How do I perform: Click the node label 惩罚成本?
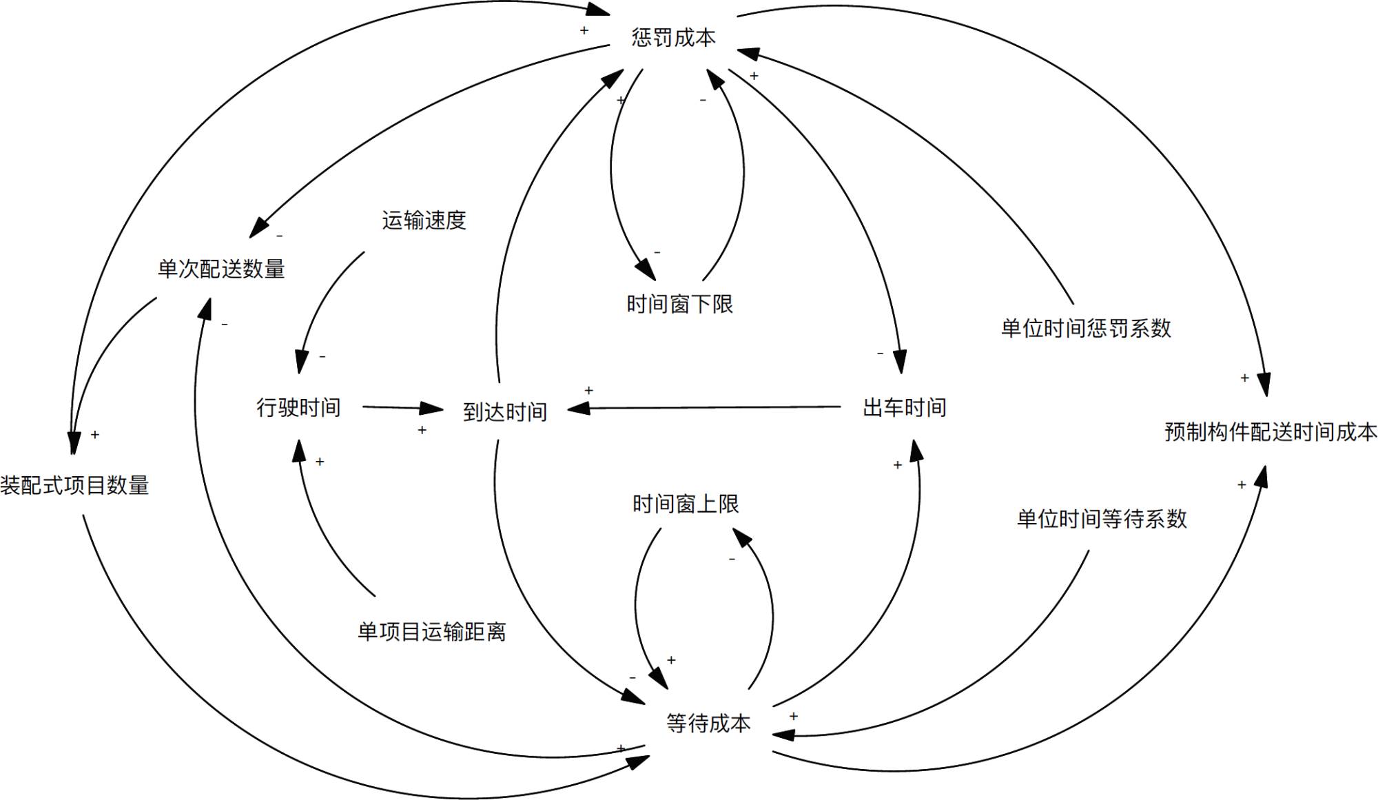click(673, 37)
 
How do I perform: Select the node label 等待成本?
click(708, 723)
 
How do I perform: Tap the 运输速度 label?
click(424, 220)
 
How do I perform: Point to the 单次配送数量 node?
click(221, 269)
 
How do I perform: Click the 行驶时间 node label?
click(298, 407)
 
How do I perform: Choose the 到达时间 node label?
click(505, 412)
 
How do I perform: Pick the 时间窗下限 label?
click(679, 304)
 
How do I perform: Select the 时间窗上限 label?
click(685, 504)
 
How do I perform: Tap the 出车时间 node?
click(904, 407)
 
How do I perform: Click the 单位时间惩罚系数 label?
click(1086, 328)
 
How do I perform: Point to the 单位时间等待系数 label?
click(1102, 519)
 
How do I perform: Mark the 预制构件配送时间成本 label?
click(1271, 432)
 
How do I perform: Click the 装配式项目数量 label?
click(74, 485)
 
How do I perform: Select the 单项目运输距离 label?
click(431, 632)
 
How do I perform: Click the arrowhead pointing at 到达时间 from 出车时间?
click(579, 409)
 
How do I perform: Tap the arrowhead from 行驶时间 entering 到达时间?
click(433, 409)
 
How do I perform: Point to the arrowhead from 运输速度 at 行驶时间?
click(301, 362)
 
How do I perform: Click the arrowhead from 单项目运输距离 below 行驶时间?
click(299, 450)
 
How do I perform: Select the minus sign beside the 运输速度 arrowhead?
click(322, 357)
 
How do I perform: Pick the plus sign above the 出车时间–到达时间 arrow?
click(588, 391)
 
